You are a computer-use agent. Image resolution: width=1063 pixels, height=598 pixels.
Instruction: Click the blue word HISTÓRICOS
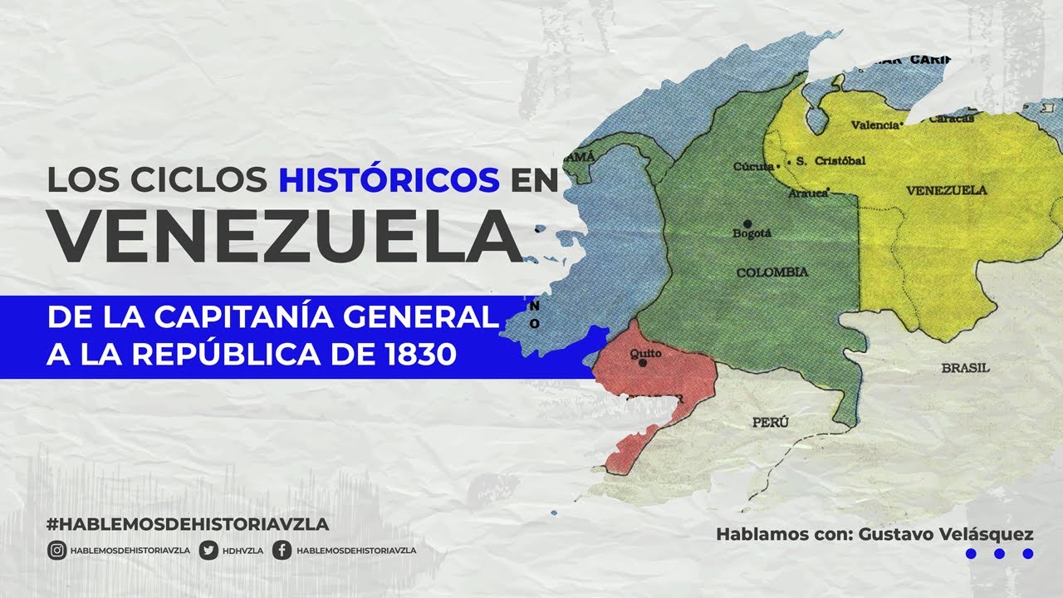[x=389, y=179]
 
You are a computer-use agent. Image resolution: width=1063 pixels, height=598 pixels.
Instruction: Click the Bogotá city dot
[x=747, y=223]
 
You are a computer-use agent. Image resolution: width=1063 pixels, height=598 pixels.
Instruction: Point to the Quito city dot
[x=642, y=363]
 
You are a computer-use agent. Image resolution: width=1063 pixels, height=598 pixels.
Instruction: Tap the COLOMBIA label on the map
[x=772, y=272]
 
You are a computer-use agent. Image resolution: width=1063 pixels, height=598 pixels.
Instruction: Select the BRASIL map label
[x=966, y=367]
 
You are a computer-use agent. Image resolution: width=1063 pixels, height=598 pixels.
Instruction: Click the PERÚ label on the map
[x=770, y=423]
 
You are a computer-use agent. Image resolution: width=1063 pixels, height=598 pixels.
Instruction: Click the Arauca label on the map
[x=808, y=193]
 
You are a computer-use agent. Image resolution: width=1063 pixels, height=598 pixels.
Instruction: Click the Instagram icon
[x=56, y=550]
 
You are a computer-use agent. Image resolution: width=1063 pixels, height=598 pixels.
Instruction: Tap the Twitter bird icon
[x=209, y=550]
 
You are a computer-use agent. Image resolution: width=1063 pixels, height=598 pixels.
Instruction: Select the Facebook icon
[x=282, y=550]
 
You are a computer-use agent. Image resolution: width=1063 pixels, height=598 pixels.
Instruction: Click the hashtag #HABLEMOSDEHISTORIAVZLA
[x=189, y=524]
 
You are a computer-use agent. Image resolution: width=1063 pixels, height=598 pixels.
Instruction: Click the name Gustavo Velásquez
[x=939, y=534]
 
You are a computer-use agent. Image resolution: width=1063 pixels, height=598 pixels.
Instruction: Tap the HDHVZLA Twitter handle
[x=242, y=550]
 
